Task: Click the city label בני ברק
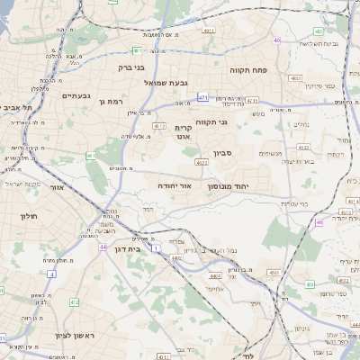point(131,67)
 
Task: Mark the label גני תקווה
point(236,121)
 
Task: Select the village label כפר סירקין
point(319,85)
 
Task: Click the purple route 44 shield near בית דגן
point(103,246)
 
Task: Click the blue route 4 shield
point(51,273)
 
